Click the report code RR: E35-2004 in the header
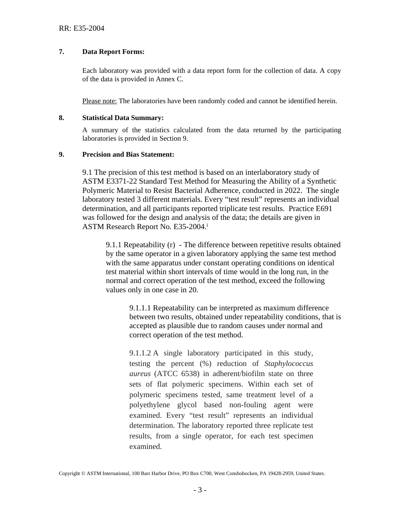81,29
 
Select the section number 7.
61,52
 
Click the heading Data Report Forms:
113,52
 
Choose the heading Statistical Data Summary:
123,118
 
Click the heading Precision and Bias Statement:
128,155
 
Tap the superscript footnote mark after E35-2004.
207,225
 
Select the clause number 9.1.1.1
140,308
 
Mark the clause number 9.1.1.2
140,353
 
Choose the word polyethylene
149,405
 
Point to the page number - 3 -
200,490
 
